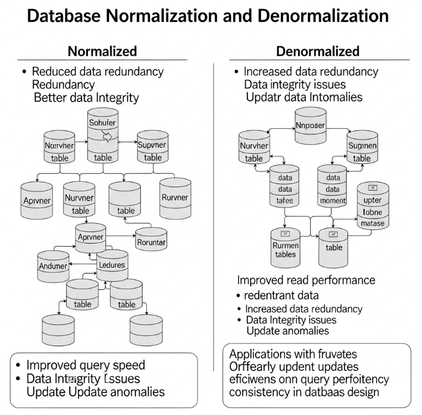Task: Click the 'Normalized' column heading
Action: coord(102,52)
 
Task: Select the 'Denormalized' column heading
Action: coord(317,52)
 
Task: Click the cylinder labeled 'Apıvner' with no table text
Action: coord(37,200)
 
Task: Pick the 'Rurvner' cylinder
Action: coord(175,198)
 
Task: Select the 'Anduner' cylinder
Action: coord(53,265)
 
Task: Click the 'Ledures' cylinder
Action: coord(112,265)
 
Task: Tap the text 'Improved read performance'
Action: coord(306,280)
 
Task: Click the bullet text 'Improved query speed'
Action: coord(86,365)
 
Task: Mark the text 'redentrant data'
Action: coord(282,295)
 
